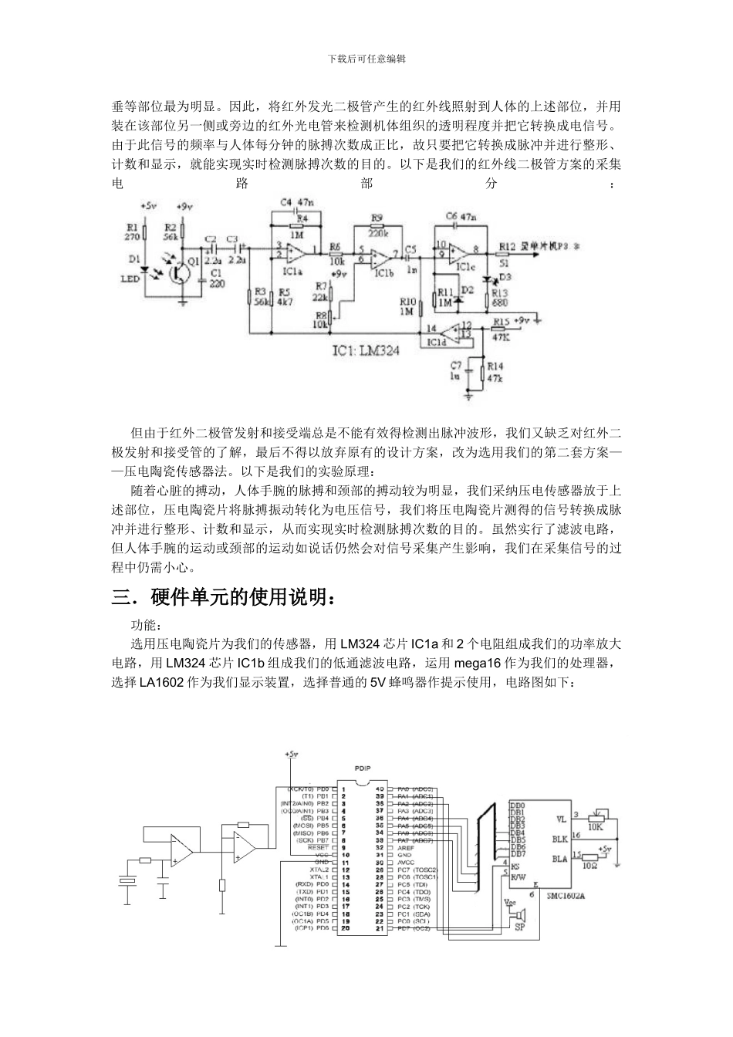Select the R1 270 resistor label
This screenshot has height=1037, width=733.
coord(131,232)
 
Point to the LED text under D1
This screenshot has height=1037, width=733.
coord(130,279)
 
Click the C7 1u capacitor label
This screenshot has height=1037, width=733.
coord(456,370)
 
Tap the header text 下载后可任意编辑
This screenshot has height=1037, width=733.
coord(366,59)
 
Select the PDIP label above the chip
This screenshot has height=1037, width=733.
coord(362,769)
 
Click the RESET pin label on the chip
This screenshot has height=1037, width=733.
coord(318,847)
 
